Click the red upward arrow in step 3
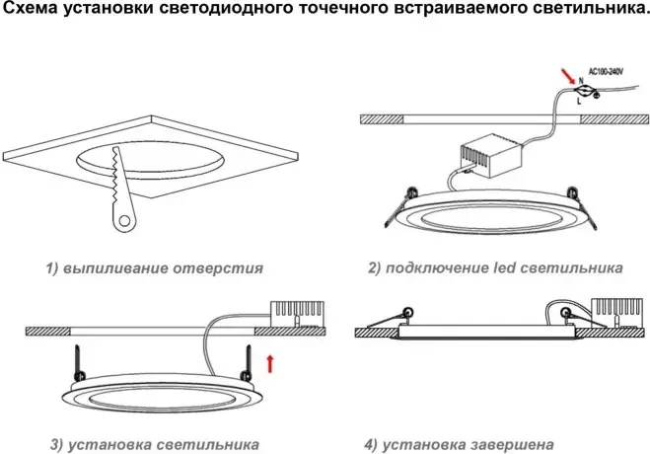[x=270, y=365]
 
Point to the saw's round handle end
[x=121, y=222]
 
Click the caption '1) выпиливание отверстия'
[x=154, y=267]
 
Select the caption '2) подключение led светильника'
[x=495, y=267]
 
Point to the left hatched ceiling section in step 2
[x=377, y=117]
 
